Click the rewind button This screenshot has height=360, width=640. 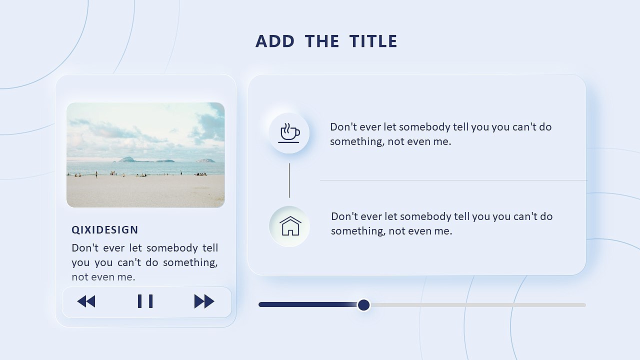coord(86,301)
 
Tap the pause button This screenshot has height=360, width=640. coord(145,301)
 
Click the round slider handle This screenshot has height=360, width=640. coord(363,305)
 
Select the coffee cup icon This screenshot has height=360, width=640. coord(289,133)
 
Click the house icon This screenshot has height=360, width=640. coord(290,225)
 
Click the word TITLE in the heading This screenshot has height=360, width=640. coord(373,41)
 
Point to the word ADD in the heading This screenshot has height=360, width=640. coord(275,41)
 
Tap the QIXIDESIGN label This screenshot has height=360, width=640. coord(105,230)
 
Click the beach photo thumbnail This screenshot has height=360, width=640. coord(145,155)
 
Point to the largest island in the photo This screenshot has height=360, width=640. coord(126,159)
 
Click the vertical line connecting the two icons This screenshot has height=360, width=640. coord(289,180)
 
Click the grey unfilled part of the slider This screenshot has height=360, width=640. coord(477,305)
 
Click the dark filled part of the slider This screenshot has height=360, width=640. coord(308,304)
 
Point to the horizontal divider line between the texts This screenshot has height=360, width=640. coord(453,180)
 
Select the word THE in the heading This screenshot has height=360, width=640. coord(321,41)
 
